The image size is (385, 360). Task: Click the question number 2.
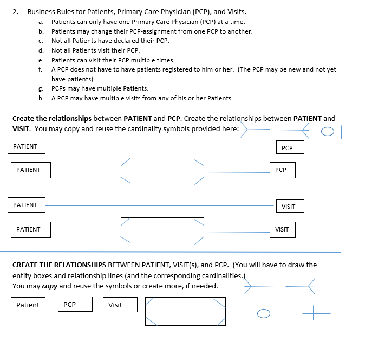[x=15, y=11]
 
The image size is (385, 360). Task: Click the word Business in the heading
[x=42, y=11]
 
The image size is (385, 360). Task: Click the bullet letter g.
[x=41, y=88]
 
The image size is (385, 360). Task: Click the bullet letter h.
[x=41, y=98]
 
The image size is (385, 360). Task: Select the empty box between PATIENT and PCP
[x=162, y=171]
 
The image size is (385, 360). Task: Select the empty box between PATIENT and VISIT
[x=162, y=230]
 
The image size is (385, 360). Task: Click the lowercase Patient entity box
[x=28, y=305]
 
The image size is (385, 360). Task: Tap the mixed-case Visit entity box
[x=119, y=305]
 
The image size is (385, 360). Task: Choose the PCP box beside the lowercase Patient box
[x=75, y=304]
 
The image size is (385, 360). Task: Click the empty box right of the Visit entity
[x=185, y=311]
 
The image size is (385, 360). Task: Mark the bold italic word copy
[x=49, y=286]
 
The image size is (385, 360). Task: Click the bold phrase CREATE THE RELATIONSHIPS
[x=59, y=265]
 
